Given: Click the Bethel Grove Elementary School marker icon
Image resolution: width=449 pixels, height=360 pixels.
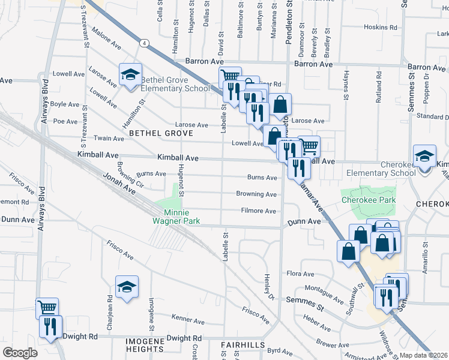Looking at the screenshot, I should (x=130, y=76).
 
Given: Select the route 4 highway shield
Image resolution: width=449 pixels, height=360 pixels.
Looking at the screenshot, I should (x=145, y=43).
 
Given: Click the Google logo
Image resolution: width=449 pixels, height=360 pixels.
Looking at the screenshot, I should (x=20, y=353).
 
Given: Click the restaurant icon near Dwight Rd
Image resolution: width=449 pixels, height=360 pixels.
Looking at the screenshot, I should (x=48, y=327).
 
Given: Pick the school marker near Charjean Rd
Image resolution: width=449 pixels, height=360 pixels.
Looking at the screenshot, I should (x=127, y=287).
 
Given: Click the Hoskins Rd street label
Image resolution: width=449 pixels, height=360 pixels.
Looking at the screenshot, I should (x=381, y=28).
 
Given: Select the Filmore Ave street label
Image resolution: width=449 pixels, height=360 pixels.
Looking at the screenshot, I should (x=258, y=211).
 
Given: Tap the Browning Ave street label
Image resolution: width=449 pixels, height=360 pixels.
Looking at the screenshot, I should (x=256, y=194).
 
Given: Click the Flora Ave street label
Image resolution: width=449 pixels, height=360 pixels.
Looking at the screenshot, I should (x=301, y=274).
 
